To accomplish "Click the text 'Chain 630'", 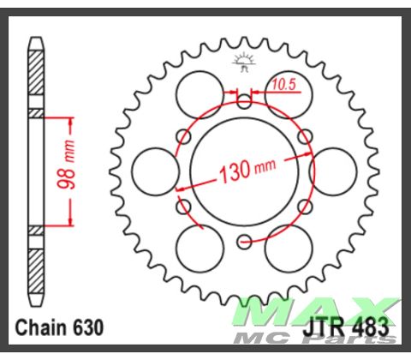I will (x=60, y=327).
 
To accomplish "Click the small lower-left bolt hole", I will (x=182, y=206).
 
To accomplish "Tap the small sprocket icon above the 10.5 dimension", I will (x=244, y=61).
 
